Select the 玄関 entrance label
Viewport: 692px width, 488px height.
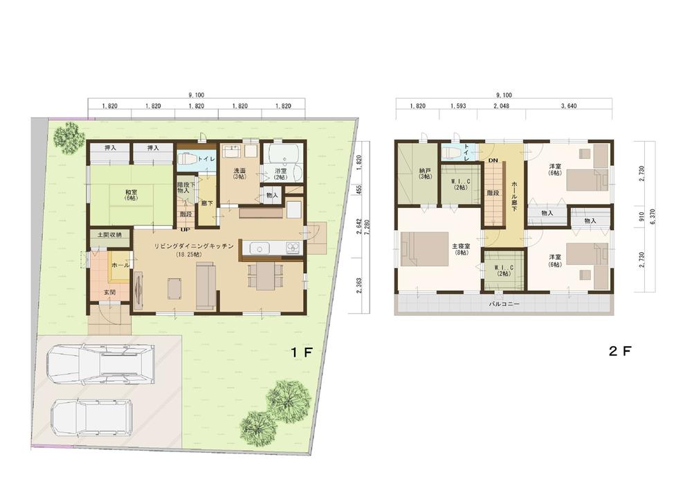[110, 292]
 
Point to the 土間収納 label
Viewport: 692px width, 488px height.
[109, 235]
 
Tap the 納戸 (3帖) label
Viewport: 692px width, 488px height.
[425, 173]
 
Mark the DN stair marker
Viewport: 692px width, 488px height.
[493, 160]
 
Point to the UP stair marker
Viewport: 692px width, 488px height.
[185, 229]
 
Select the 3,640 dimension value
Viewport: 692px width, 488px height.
[569, 106]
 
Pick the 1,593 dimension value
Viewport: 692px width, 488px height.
[457, 106]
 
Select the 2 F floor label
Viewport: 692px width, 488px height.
[619, 351]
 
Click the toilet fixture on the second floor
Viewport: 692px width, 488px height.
[453, 153]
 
